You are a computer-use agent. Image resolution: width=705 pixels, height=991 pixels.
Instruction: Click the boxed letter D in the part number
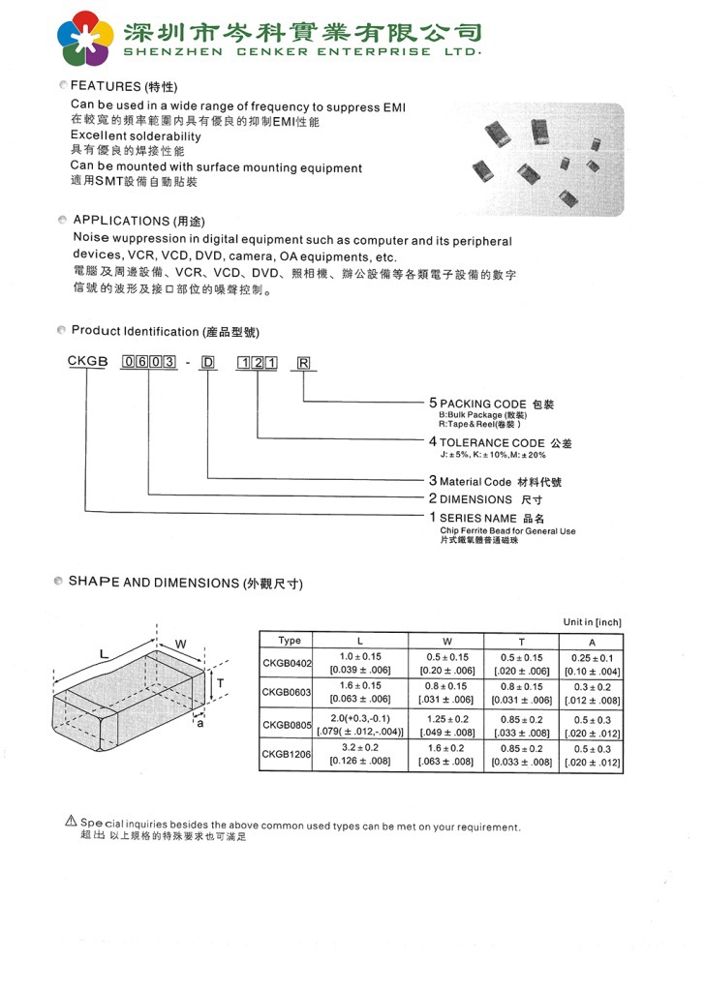(207, 364)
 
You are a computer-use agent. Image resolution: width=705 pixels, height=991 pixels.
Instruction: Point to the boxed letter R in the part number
(303, 364)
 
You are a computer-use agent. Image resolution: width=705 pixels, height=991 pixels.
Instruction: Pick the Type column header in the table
(289, 641)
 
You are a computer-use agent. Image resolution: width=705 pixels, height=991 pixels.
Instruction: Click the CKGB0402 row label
(288, 663)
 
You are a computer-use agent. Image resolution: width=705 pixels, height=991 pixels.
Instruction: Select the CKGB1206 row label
(288, 753)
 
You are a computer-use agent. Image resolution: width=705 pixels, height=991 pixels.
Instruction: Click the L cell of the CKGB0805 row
(360, 725)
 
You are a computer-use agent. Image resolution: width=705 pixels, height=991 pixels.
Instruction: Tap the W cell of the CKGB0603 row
(446, 692)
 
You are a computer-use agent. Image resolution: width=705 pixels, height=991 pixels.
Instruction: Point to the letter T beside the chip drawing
(221, 683)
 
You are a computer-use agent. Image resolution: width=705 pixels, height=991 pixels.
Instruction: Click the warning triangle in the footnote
(71, 822)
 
